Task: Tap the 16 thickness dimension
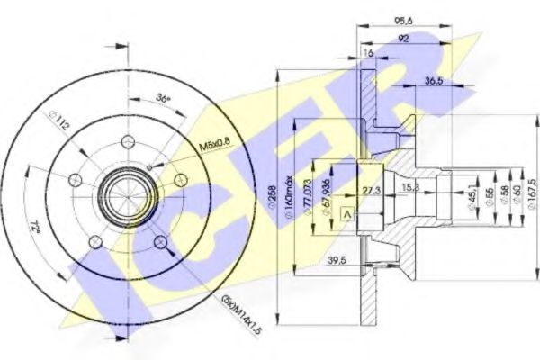(366, 55)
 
